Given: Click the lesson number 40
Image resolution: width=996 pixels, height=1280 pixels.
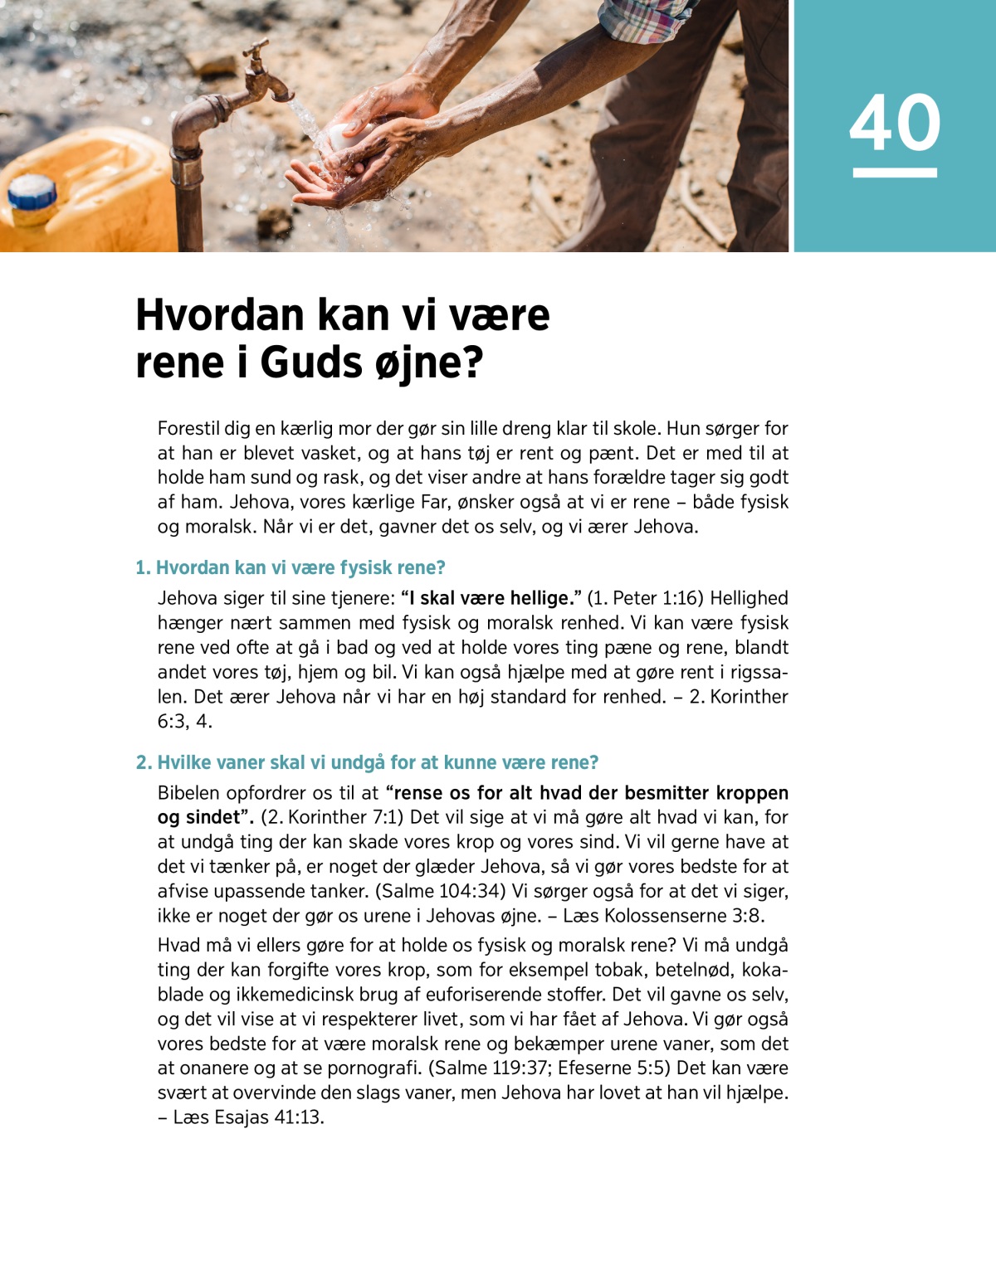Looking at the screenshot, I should coord(895,123).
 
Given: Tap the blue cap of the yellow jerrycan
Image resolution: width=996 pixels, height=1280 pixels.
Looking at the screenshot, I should coord(32,193).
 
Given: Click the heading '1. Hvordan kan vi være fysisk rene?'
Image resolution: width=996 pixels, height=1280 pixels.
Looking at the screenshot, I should coord(290,567).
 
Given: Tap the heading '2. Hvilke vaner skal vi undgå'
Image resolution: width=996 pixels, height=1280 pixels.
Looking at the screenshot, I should coord(367,762).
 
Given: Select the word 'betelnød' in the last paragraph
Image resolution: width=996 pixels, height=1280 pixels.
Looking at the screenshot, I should coord(693,970).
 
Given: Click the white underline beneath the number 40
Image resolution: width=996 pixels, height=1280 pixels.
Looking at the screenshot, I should coord(895,173).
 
